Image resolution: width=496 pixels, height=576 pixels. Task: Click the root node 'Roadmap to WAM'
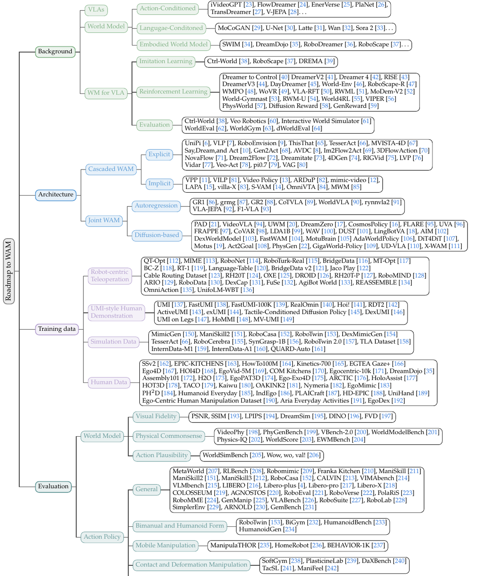pyautogui.click(x=9, y=271)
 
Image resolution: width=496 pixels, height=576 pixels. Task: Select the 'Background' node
pyautogui.click(x=55, y=52)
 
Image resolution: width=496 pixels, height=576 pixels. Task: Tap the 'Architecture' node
pyautogui.click(x=56, y=195)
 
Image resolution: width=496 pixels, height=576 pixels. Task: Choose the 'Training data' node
pyautogui.click(x=57, y=329)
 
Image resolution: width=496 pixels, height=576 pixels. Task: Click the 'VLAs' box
pyautogui.click(x=96, y=10)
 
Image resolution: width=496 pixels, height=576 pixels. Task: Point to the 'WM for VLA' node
pyautogui.click(x=106, y=93)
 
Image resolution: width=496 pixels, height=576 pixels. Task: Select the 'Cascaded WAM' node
pyautogui.click(x=111, y=170)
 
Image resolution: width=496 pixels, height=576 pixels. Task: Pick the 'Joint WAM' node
pyautogui.click(x=104, y=221)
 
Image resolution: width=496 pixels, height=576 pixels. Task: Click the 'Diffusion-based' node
pyautogui.click(x=157, y=235)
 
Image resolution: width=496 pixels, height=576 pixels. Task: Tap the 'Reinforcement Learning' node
pyautogui.click(x=173, y=92)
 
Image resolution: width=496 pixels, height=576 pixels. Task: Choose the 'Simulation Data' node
pyautogui.click(x=113, y=342)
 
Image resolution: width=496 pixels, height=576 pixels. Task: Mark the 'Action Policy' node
pyautogui.click(x=102, y=537)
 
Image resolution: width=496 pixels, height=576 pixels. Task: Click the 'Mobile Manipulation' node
pyautogui.click(x=165, y=545)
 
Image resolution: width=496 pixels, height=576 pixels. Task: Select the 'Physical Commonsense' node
pyautogui.click(x=169, y=436)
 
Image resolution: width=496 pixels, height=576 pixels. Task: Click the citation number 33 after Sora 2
pyautogui.click(x=379, y=28)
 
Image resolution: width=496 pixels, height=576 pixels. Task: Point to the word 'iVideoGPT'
pyautogui.click(x=226, y=5)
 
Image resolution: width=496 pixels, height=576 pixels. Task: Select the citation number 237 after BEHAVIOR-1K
pyautogui.click(x=378, y=545)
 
